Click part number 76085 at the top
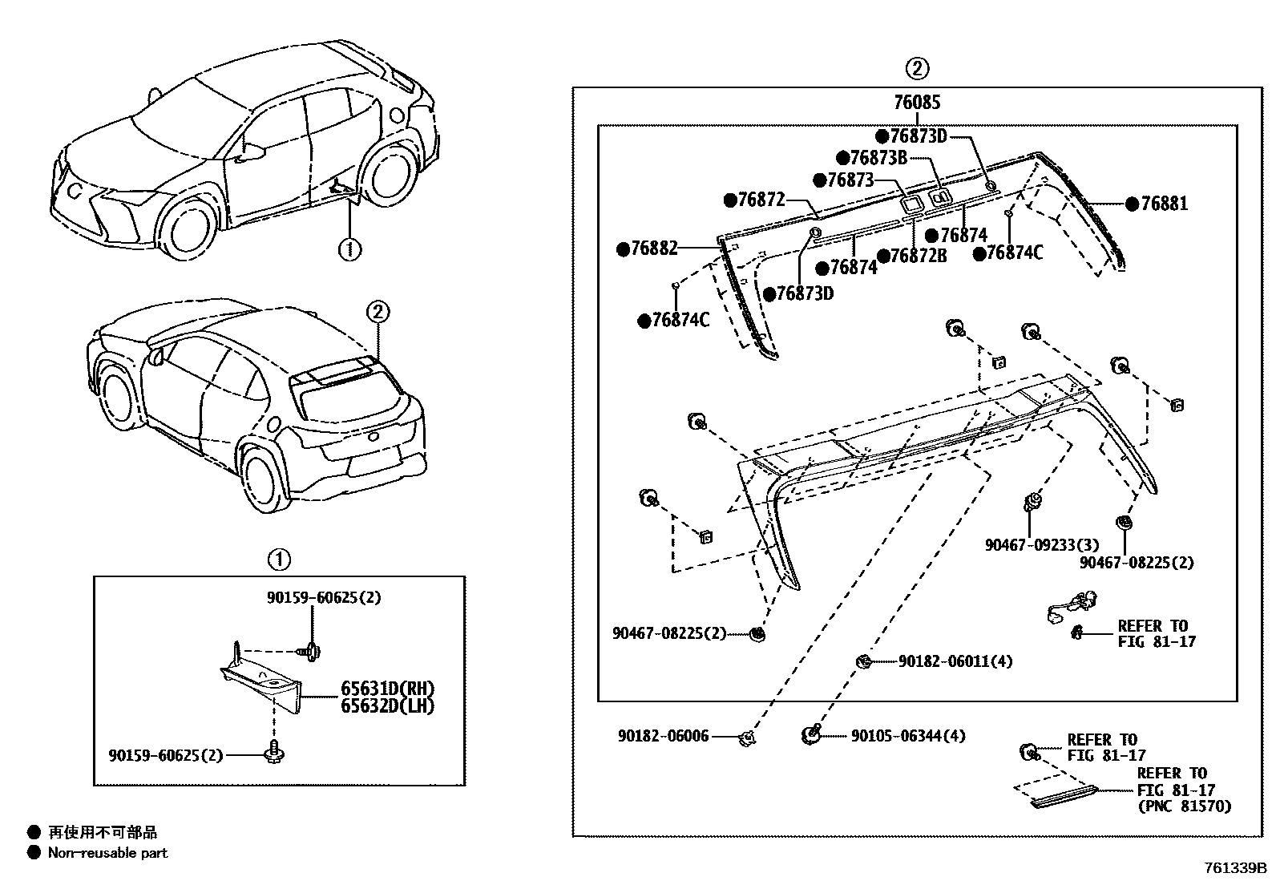point(917,103)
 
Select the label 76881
point(1164,204)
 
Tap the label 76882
point(654,249)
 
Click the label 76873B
point(878,158)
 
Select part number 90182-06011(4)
point(955,661)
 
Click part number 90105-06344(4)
point(907,735)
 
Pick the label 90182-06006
point(663,735)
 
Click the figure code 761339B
point(1234,868)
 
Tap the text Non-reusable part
point(107,853)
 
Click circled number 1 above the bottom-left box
point(278,560)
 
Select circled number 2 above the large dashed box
point(918,69)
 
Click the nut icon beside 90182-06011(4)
point(864,661)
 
